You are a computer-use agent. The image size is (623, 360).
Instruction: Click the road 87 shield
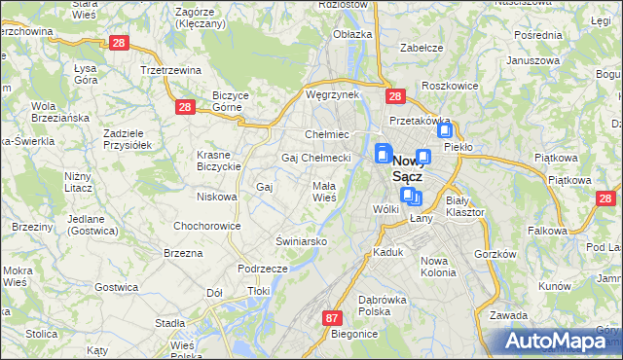tap(333, 318)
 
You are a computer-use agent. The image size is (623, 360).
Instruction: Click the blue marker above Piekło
tap(445, 130)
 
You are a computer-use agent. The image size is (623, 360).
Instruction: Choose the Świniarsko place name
tap(300, 240)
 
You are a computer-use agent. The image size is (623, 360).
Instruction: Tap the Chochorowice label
tap(206, 225)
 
